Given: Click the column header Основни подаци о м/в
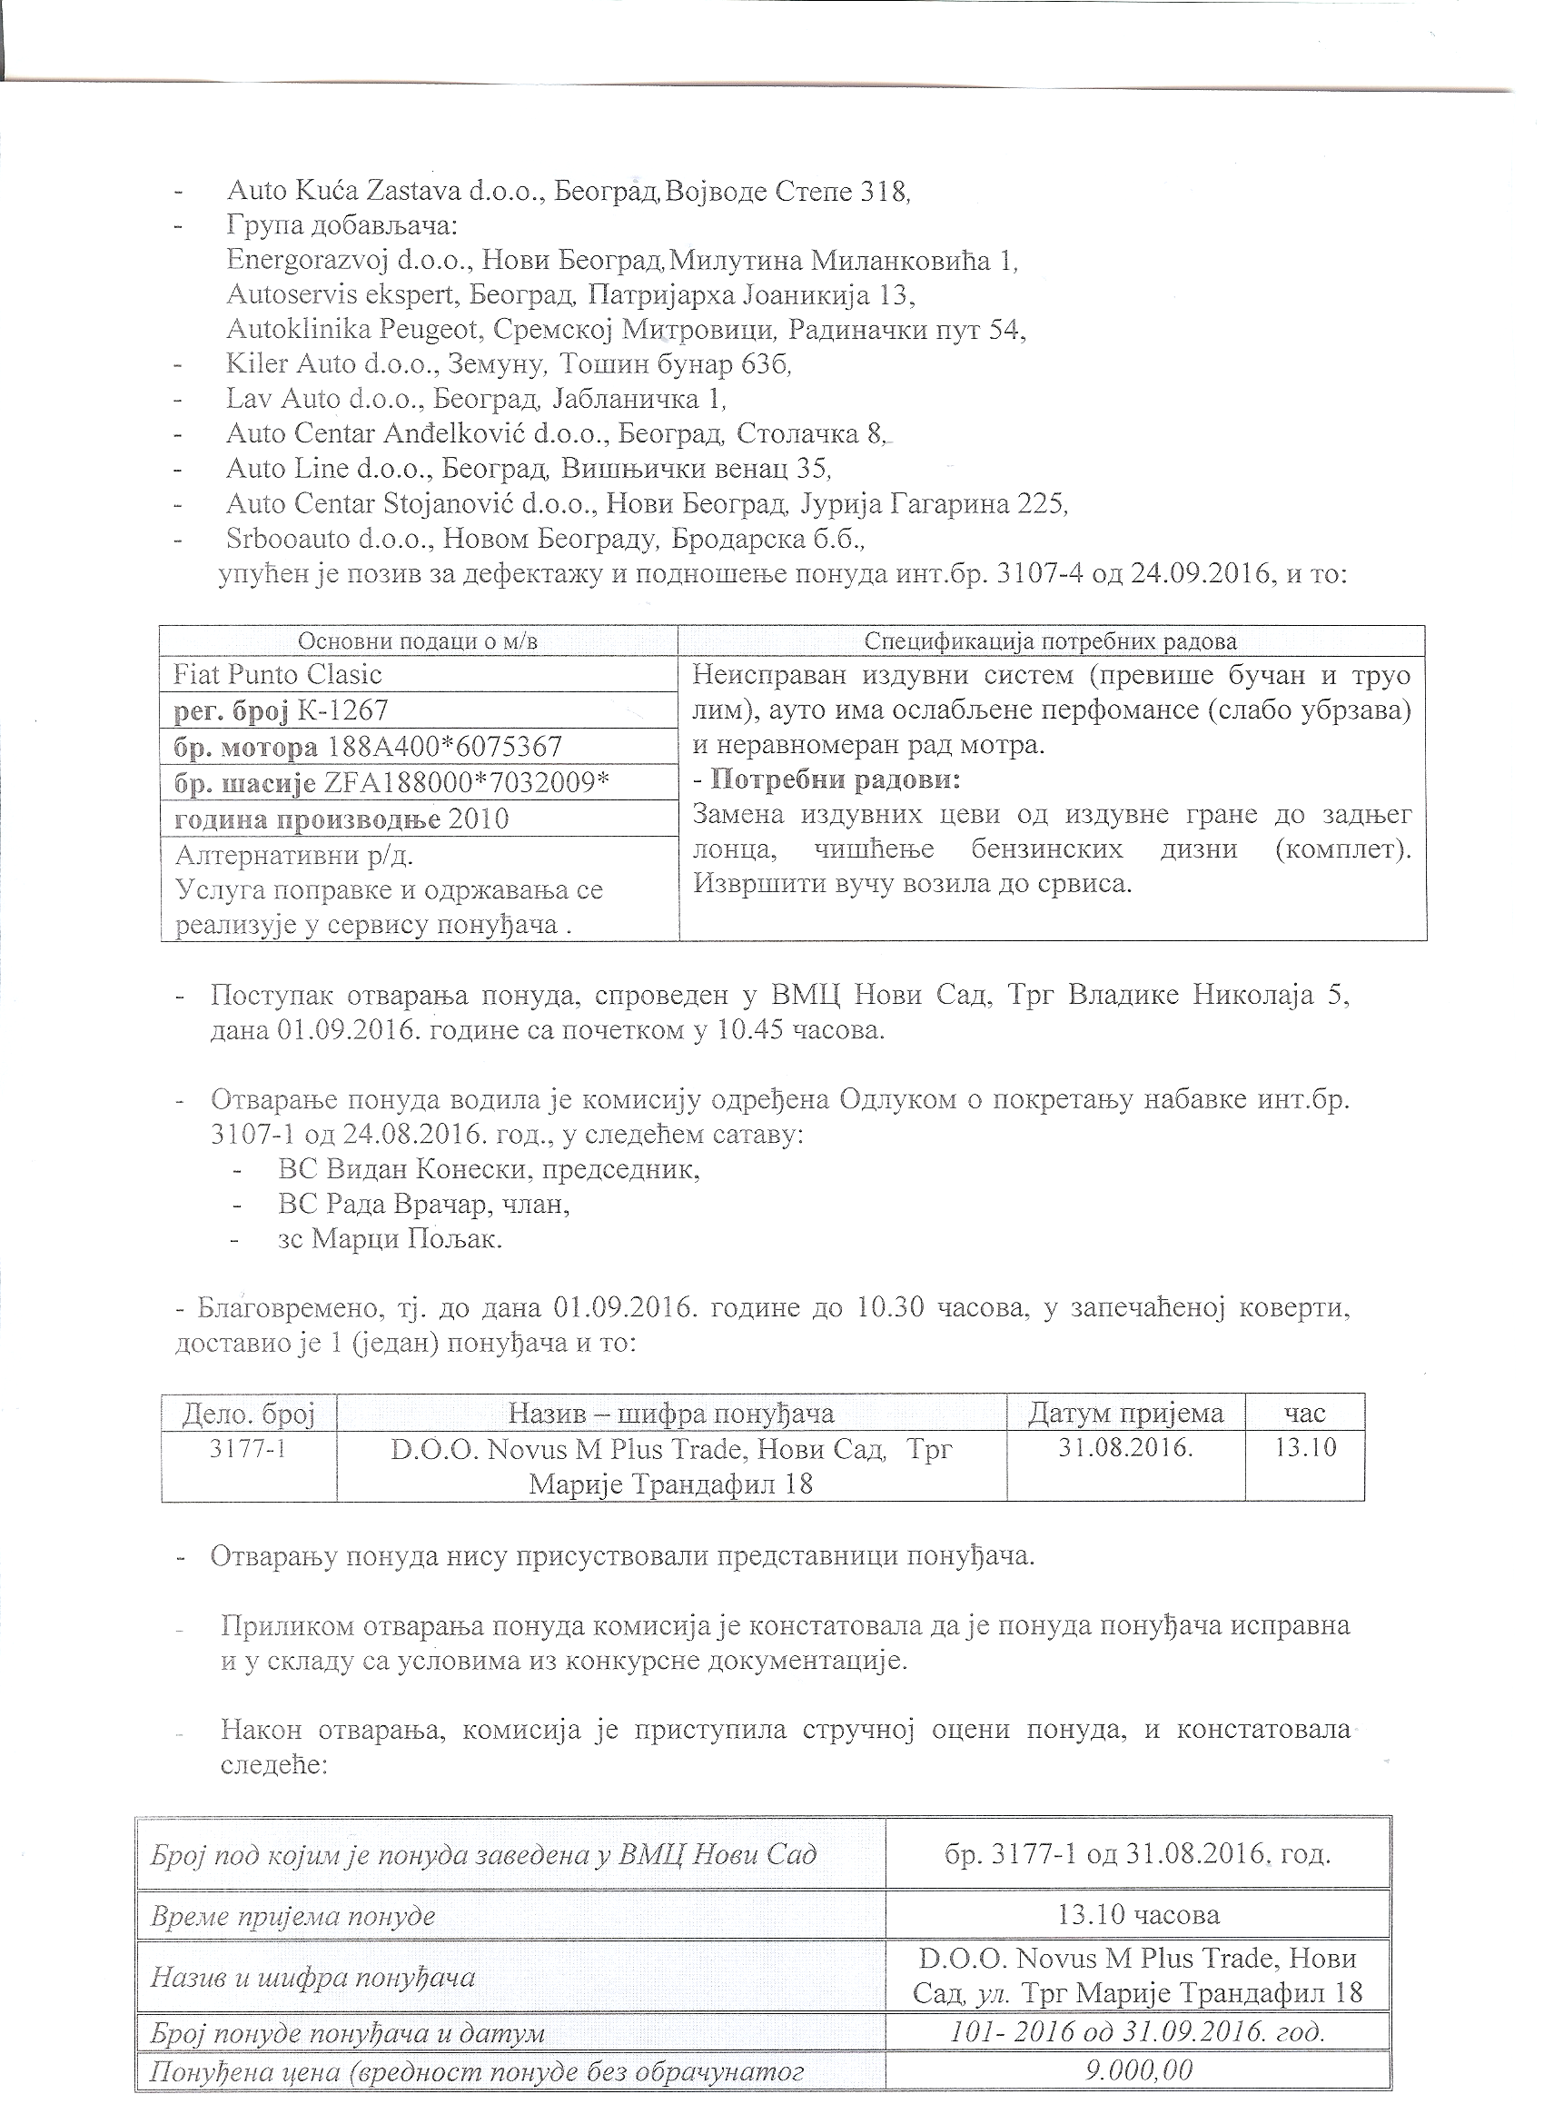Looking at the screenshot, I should [418, 641].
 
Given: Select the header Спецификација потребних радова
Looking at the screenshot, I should [1051, 641].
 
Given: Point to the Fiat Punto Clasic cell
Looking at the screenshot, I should [278, 675].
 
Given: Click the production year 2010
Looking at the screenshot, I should [479, 819].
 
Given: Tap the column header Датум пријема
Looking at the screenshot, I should [1125, 1414].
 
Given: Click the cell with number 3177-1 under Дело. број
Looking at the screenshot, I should [247, 1449].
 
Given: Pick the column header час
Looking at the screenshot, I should [1304, 1414].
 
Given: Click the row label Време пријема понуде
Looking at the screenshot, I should [293, 1917].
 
